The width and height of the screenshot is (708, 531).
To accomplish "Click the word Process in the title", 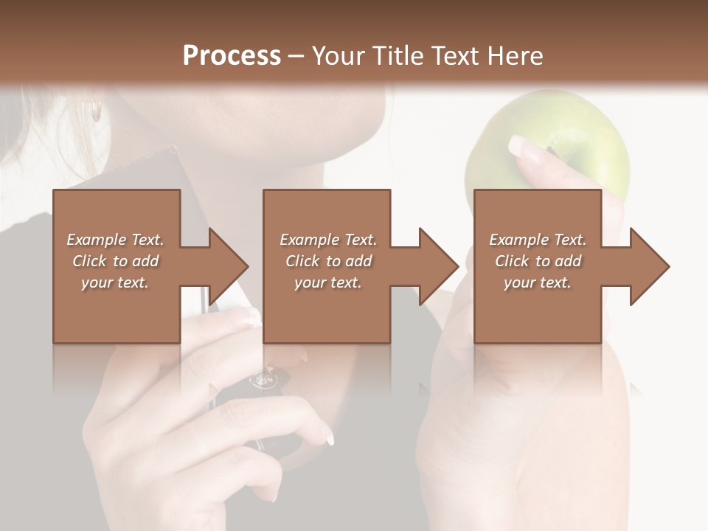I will [232, 56].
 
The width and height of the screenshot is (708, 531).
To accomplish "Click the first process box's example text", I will [115, 261].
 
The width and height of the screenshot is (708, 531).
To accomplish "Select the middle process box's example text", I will [327, 261].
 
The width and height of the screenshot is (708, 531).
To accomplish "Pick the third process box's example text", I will [538, 261].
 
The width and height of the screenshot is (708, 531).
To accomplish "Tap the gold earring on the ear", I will [96, 111].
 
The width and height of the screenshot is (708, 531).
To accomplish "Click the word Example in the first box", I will [96, 240].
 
